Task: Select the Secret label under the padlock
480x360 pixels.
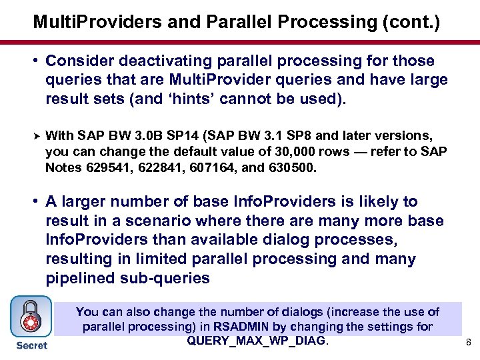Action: pos(31,345)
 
